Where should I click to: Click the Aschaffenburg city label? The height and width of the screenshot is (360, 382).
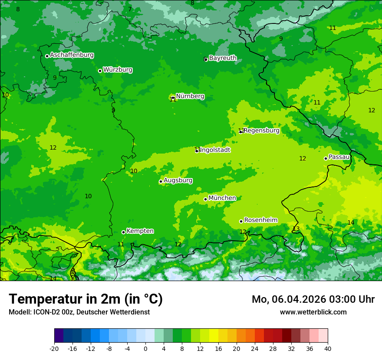(72, 55)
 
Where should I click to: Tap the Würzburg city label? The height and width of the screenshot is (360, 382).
(118, 70)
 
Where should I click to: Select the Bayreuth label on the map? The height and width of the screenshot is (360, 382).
(223, 58)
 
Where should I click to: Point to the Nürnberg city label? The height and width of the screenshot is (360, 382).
(190, 96)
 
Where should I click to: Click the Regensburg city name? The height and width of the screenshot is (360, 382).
(261, 131)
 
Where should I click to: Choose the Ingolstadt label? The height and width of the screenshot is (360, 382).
(215, 150)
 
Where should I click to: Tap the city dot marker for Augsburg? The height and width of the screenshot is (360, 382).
(161, 181)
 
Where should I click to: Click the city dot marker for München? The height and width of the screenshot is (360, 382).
(206, 199)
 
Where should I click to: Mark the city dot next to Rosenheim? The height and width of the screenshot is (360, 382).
(241, 221)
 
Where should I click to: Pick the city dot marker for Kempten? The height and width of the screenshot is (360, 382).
(123, 232)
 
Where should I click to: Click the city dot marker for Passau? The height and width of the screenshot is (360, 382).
(326, 158)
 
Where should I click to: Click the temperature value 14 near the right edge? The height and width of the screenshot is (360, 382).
(351, 223)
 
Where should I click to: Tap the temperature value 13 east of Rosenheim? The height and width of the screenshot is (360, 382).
(296, 229)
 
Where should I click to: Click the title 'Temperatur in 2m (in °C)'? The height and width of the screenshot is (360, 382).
(86, 299)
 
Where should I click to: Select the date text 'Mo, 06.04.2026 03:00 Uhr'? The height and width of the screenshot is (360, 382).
(313, 299)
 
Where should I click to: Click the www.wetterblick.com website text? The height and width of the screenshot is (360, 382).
(313, 312)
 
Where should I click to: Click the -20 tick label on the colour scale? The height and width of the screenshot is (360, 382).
(54, 348)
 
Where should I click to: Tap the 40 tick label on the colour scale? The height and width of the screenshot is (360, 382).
(328, 348)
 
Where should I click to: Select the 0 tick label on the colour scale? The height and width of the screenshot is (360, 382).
(145, 348)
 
